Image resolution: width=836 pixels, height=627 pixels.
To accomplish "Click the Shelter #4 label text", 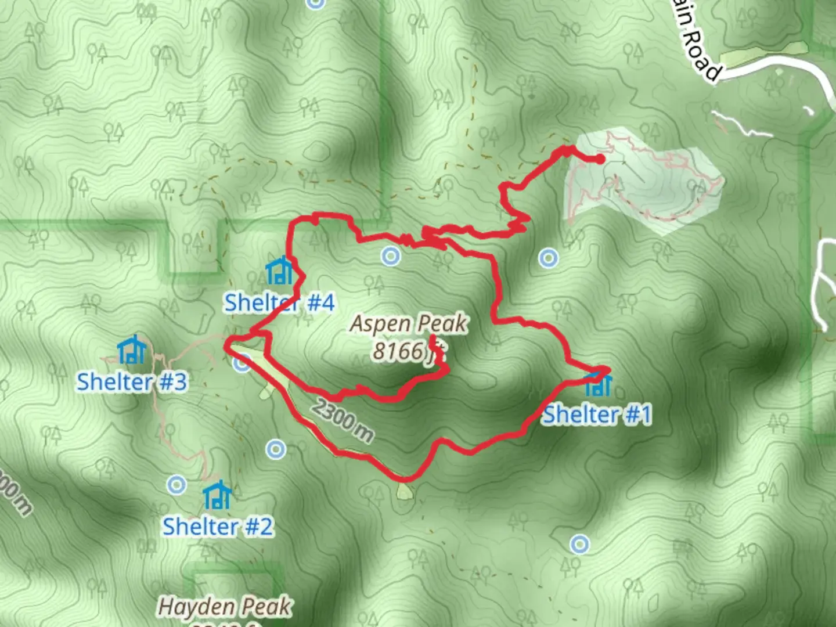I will point(279,303).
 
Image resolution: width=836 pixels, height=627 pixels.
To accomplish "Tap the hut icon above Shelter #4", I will point(279,271).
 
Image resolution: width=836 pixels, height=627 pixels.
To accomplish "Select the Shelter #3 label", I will point(132,382).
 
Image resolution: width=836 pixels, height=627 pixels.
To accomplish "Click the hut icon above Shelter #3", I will point(131,349).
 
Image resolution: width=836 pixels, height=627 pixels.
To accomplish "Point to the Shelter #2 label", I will point(217,527).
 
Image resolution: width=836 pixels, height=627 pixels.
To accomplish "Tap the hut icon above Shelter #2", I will point(217,495).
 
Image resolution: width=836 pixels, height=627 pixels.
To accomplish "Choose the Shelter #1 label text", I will point(597,415).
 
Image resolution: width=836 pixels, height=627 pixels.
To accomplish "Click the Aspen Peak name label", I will point(409,324).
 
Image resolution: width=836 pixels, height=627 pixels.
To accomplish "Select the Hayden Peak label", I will point(224,607).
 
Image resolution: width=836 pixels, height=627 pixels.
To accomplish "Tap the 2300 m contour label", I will point(343,420).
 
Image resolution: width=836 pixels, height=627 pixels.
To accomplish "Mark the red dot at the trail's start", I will point(601,158).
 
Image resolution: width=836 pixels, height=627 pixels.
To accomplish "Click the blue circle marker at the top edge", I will point(315,3).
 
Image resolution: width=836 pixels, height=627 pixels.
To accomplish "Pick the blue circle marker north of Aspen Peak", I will point(391,256).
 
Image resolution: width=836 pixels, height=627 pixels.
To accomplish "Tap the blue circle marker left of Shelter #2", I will point(176,484).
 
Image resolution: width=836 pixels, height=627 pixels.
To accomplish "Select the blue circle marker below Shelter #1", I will point(579,544).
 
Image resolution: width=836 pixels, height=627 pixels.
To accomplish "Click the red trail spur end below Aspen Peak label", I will point(433,337).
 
